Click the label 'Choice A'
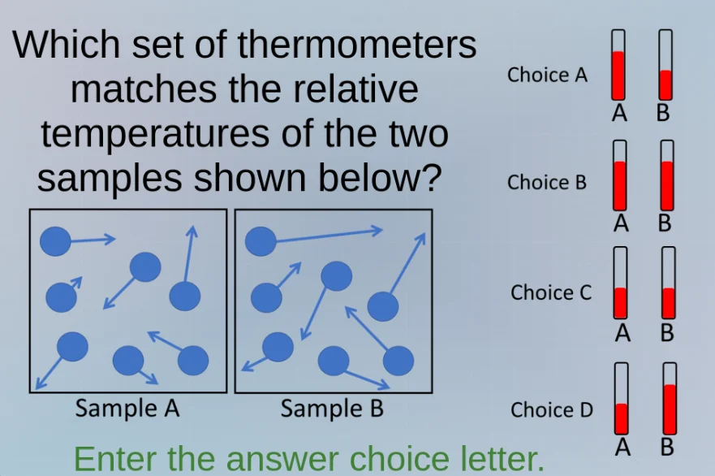547,76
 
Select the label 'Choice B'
547,183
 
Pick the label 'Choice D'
552,410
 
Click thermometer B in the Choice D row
670,399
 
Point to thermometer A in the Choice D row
622,399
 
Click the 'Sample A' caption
127,409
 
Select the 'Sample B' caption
332,409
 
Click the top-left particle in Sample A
56,240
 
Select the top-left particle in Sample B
261,240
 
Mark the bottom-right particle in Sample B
398,361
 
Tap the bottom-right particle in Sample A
193,361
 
